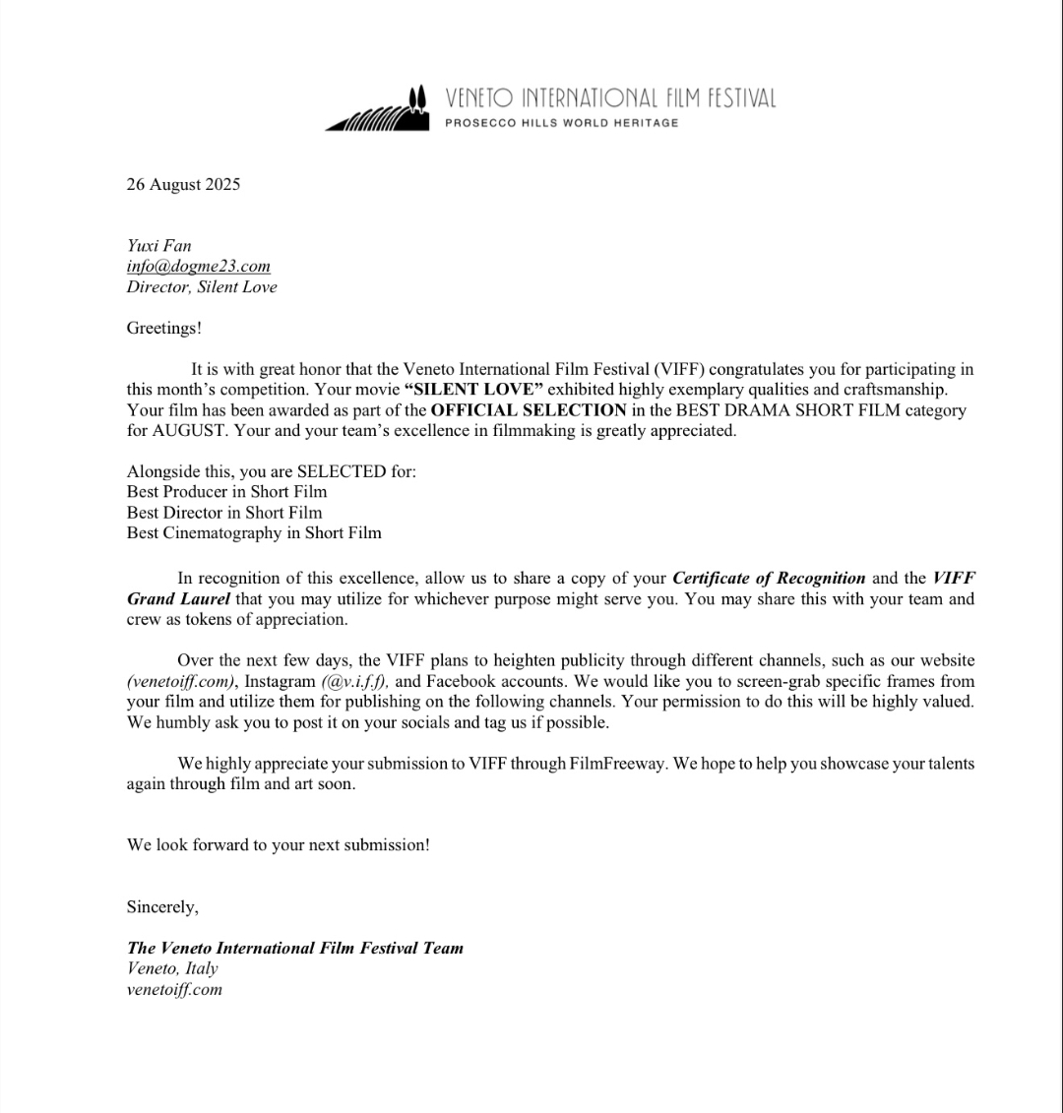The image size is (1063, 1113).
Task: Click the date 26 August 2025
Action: [x=183, y=184]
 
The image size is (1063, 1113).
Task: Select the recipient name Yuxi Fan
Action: [x=158, y=246]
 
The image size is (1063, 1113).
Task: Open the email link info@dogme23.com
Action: [x=198, y=267]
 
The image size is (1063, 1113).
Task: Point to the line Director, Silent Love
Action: [x=202, y=287]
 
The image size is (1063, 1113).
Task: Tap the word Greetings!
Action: [x=163, y=328]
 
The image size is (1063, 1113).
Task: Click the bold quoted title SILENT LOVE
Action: [x=473, y=390]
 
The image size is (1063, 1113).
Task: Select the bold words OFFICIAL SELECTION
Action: [x=529, y=410]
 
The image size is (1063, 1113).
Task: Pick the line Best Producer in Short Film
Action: [x=226, y=492]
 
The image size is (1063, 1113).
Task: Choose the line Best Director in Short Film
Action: [x=224, y=513]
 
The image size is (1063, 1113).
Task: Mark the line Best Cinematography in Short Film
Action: [x=254, y=533]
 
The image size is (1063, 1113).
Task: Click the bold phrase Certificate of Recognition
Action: [x=769, y=579]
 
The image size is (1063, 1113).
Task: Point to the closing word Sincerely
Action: [x=162, y=907]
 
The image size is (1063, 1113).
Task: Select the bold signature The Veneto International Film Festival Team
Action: [x=294, y=949]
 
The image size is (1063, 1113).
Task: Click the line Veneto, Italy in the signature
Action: [x=172, y=969]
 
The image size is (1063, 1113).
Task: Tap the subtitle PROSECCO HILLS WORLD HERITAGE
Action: [x=562, y=123]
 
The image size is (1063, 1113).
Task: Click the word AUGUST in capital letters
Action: [x=162, y=431]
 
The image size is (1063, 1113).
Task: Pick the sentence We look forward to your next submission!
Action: [x=278, y=845]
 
